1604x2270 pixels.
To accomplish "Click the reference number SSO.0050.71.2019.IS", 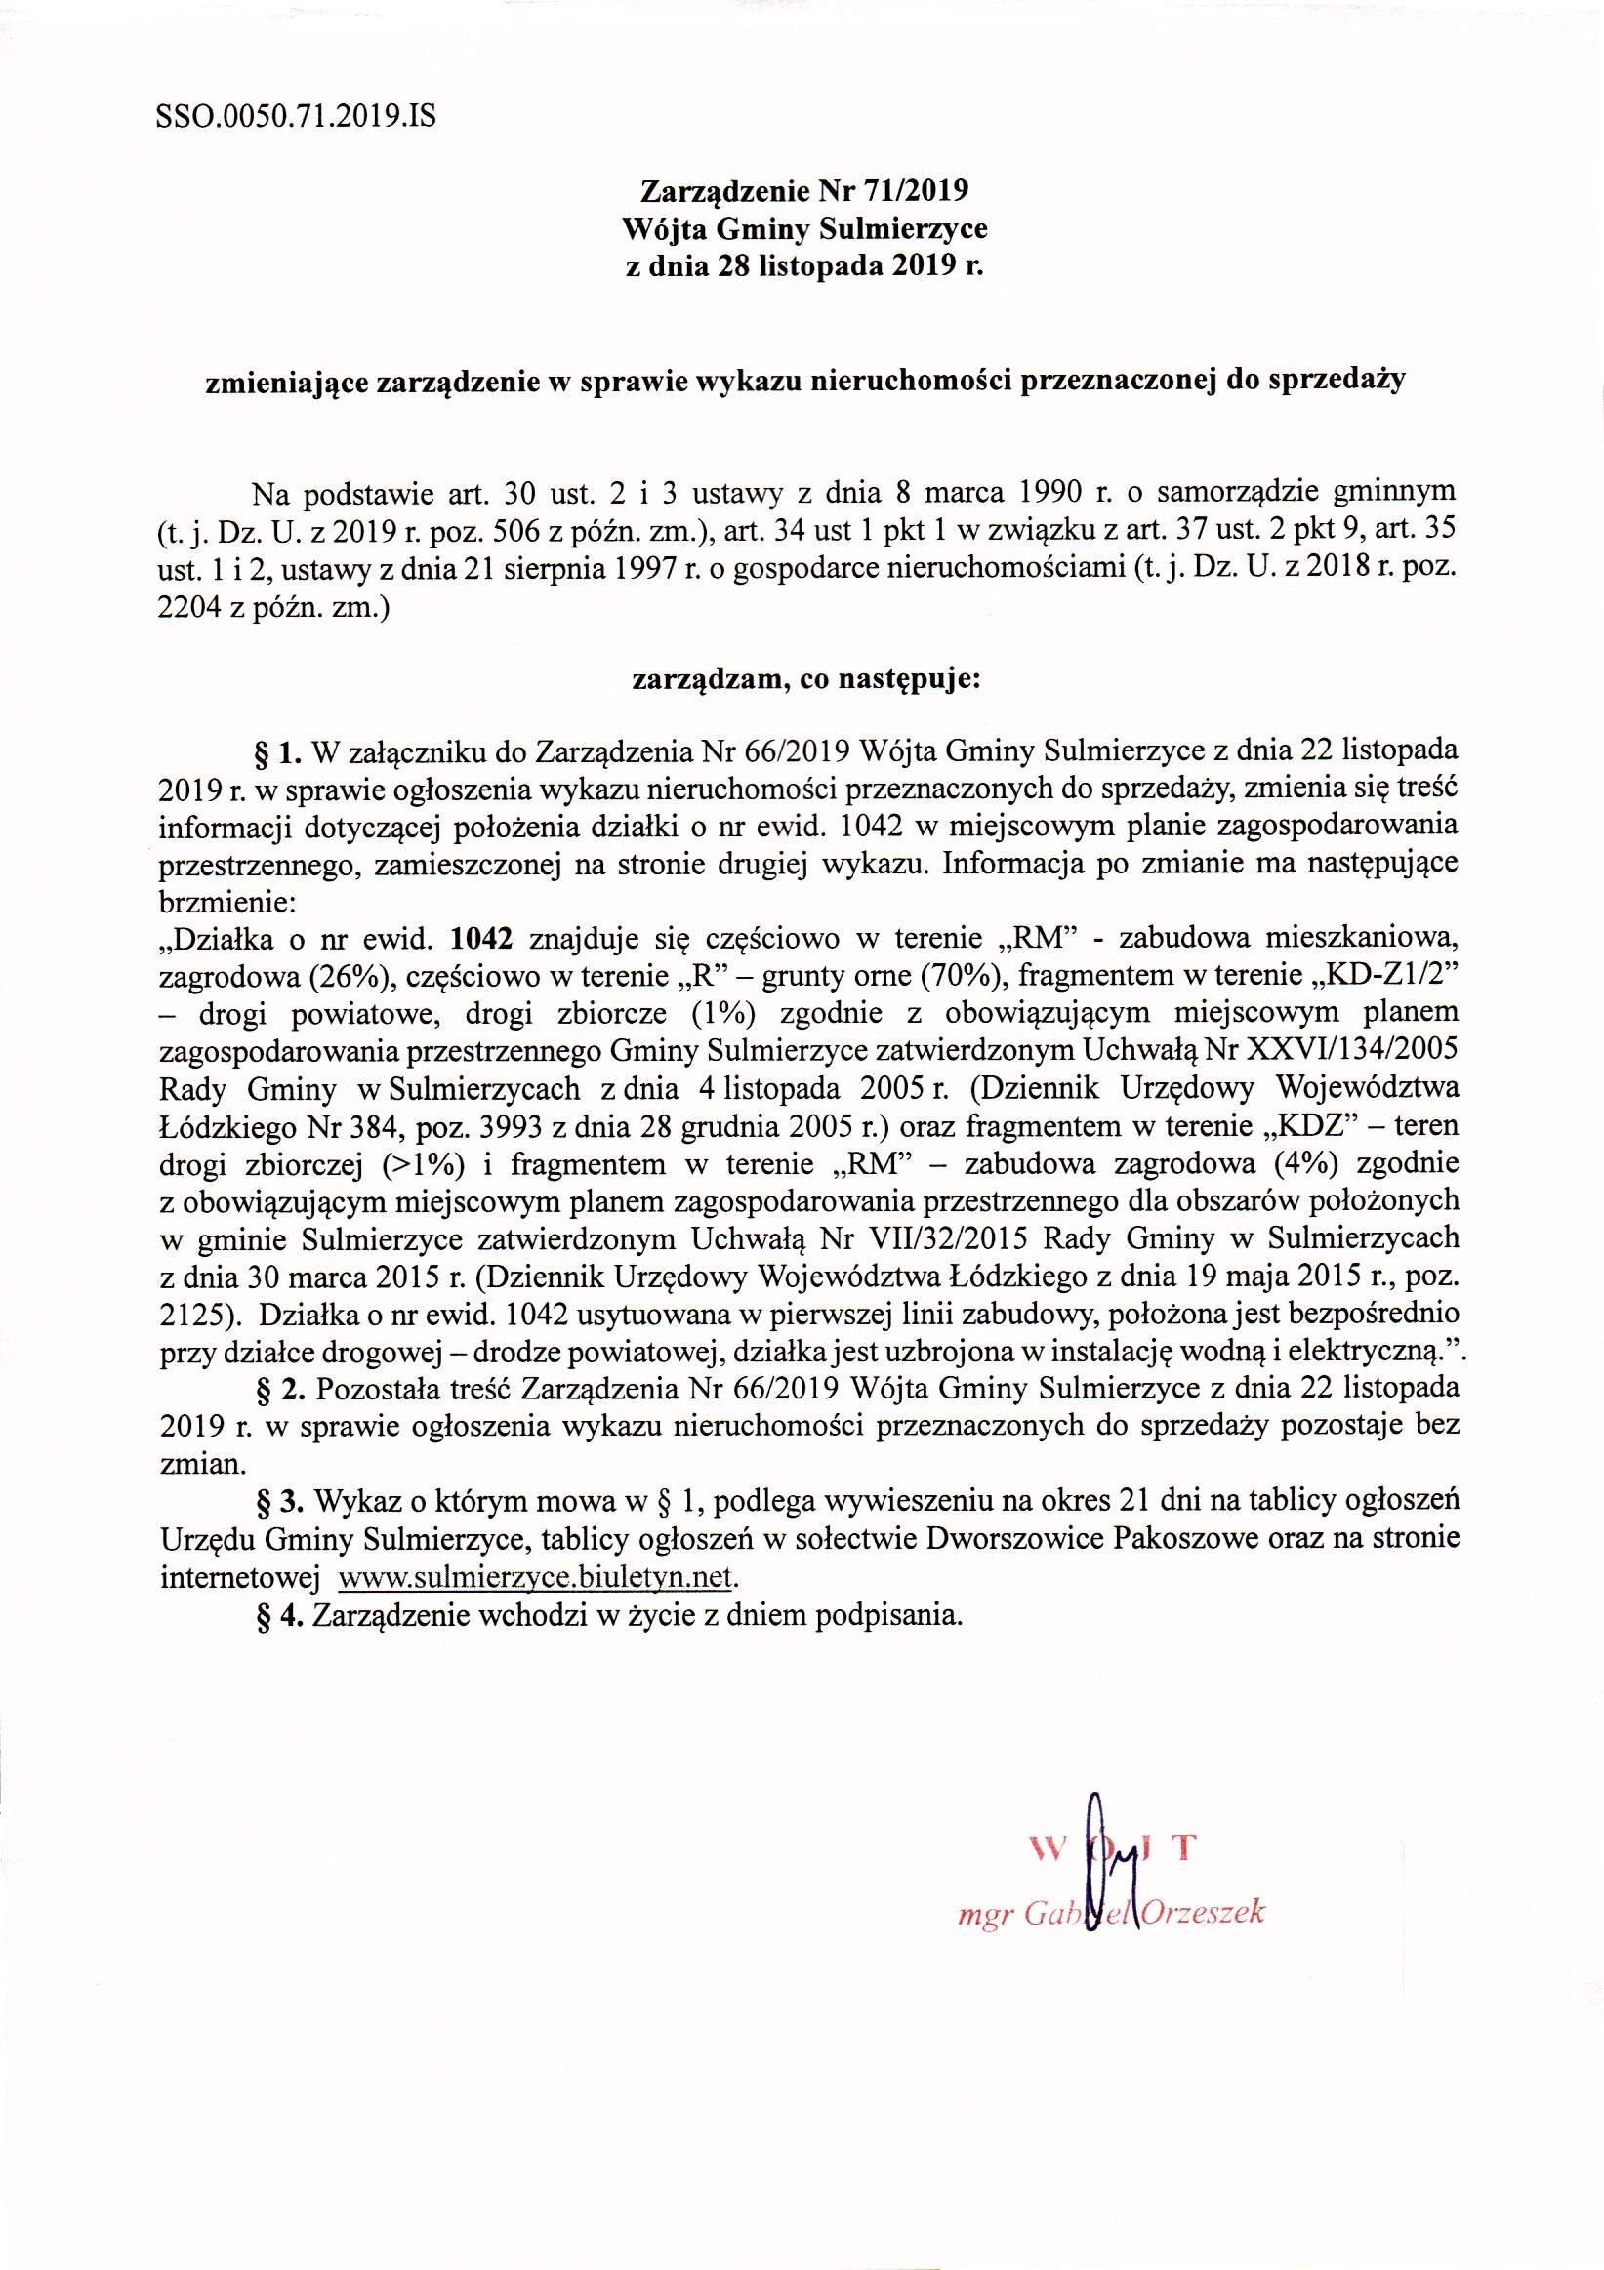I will [296, 119].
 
